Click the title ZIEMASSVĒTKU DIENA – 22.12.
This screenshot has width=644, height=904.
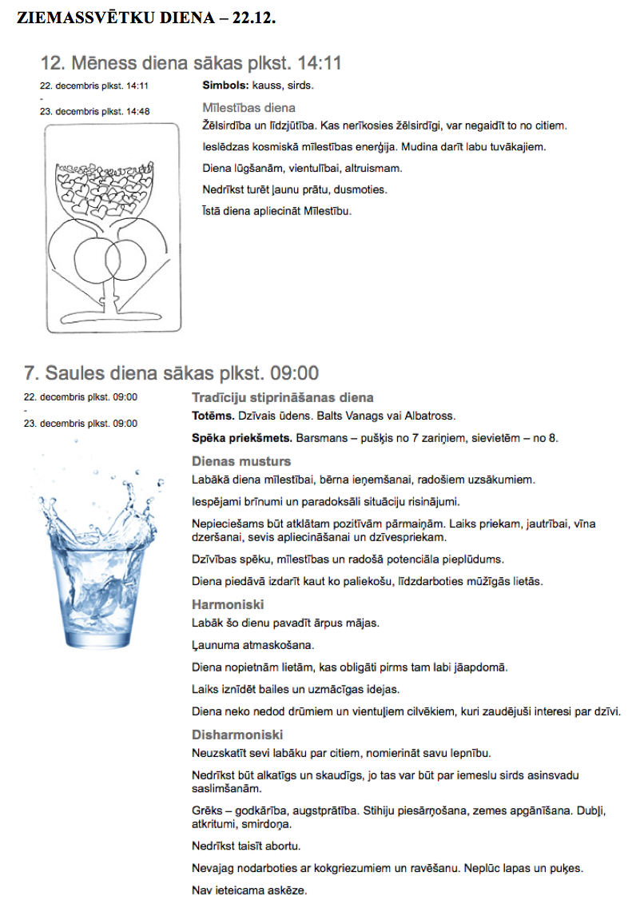click(146, 18)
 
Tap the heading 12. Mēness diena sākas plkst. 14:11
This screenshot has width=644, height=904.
click(191, 64)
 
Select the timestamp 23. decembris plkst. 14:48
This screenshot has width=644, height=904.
click(94, 111)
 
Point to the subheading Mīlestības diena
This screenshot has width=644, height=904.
click(248, 107)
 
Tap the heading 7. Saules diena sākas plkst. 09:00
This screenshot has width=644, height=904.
click(172, 373)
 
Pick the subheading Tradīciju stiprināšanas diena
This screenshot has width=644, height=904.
click(282, 397)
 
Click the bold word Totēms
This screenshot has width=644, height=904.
click(213, 416)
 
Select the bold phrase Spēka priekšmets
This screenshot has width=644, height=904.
click(242, 439)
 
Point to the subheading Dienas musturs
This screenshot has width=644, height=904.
click(241, 461)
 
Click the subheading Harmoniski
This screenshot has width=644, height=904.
click(228, 604)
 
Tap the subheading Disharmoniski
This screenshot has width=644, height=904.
click(237, 735)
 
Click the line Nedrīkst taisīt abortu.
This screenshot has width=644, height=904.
click(252, 846)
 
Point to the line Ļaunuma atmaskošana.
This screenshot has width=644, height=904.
click(242, 644)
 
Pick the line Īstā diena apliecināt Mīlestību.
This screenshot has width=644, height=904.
click(277, 211)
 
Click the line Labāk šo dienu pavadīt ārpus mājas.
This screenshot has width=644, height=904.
click(285, 623)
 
